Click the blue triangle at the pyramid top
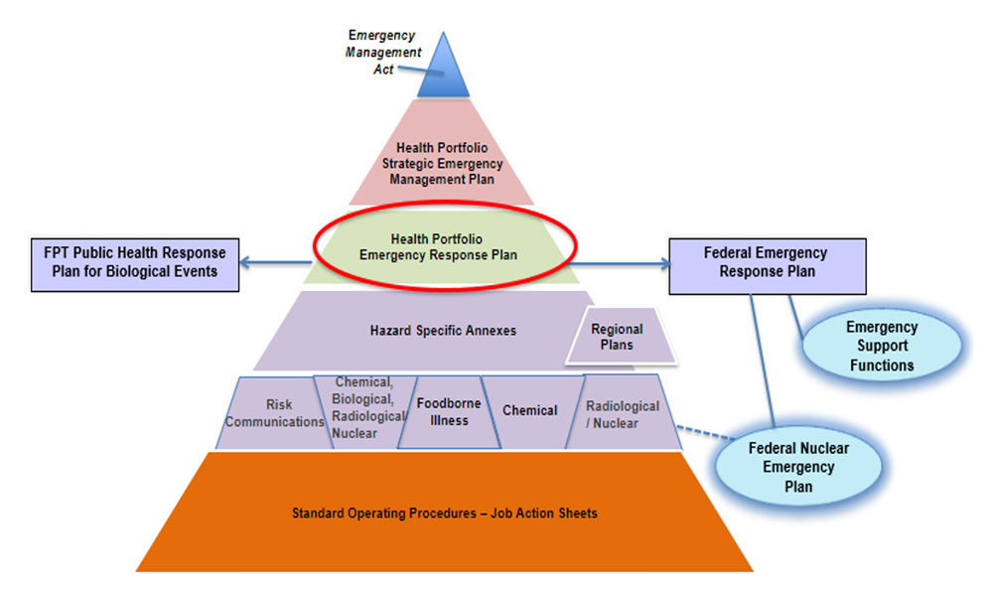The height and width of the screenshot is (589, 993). [x=443, y=73]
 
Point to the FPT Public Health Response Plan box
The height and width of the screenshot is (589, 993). [x=135, y=262]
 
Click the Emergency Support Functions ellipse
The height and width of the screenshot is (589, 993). [x=881, y=345]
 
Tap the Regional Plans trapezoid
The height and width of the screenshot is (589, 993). [x=617, y=337]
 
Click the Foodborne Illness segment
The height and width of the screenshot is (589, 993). [x=448, y=411]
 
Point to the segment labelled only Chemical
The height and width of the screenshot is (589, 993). [x=529, y=410]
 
